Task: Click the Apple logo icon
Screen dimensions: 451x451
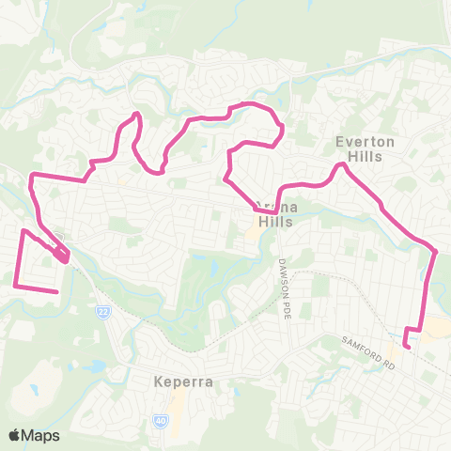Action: click(15, 435)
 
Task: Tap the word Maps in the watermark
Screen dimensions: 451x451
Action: click(40, 435)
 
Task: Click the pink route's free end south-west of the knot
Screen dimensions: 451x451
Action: click(58, 292)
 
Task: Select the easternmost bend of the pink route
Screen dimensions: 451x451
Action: click(436, 251)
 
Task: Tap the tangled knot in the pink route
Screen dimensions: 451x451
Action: click(62, 254)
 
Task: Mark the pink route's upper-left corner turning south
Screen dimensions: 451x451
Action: click(32, 176)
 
